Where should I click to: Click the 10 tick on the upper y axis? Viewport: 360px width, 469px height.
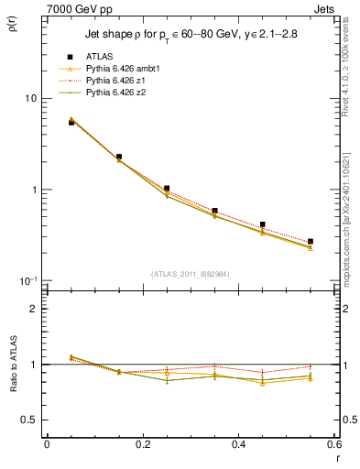[31, 99]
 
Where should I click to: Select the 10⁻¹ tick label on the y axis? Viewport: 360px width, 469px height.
[29, 280]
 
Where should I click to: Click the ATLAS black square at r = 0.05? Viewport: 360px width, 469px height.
[71, 122]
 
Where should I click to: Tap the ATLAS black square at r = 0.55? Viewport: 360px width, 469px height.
[310, 242]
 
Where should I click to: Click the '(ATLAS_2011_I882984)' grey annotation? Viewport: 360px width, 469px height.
[191, 274]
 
